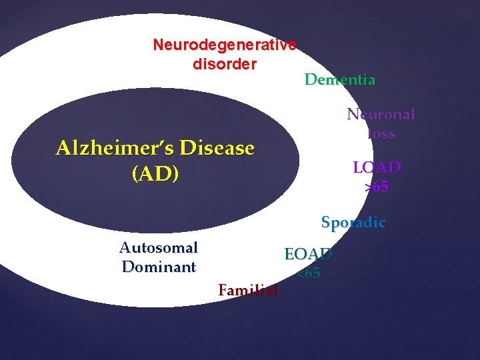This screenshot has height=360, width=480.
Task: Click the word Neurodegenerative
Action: pyautogui.click(x=224, y=45)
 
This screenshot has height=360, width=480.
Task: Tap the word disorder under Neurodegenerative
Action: pyautogui.click(x=224, y=65)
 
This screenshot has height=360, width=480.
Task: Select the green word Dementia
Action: pyautogui.click(x=340, y=80)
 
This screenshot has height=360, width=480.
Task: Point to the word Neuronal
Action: pyautogui.click(x=381, y=115)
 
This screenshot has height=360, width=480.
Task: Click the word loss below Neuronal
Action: pyautogui.click(x=381, y=134)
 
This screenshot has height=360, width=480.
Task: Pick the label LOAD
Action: pyautogui.click(x=377, y=167)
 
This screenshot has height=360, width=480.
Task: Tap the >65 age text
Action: pyautogui.click(x=377, y=187)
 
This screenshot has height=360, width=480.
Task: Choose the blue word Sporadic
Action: pyautogui.click(x=353, y=223)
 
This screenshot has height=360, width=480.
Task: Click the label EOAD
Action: pyautogui.click(x=308, y=255)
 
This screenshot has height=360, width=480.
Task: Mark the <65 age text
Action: pyautogui.click(x=308, y=274)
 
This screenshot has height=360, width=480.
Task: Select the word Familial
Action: pyautogui.click(x=248, y=290)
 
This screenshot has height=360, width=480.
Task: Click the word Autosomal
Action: pyautogui.click(x=159, y=248)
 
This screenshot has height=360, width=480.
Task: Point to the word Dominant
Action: pyautogui.click(x=159, y=267)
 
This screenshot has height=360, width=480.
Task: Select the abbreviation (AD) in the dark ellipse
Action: pyautogui.click(x=155, y=175)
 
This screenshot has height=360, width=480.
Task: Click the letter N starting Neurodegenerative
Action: pyautogui.click(x=158, y=45)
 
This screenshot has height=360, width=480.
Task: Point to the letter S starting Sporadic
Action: pyautogui.click(x=325, y=223)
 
